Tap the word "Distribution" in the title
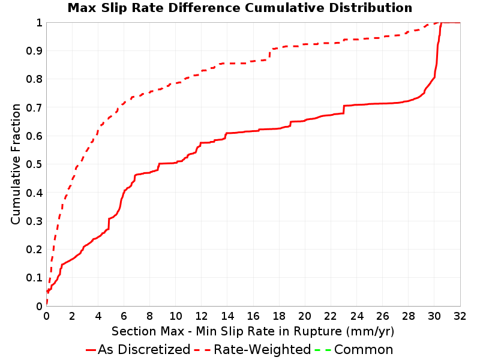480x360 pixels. coord(371,8)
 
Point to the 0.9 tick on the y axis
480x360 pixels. coord(34,51)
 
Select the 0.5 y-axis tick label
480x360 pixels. coord(34,164)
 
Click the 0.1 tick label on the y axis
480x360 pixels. coord(34,278)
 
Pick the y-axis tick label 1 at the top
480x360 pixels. coord(39,23)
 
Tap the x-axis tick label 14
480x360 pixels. coord(227,316)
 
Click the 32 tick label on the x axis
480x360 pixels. coord(460,316)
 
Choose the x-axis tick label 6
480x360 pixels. coord(124,316)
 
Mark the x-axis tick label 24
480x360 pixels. coord(356,316)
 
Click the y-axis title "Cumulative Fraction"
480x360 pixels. coord(16,164)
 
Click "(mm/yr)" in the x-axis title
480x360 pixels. coord(370,332)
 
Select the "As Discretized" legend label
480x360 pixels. coord(144,350)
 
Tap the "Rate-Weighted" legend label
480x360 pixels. coord(262,350)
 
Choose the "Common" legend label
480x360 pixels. coord(364,350)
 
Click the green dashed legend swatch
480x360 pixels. coord(323,350)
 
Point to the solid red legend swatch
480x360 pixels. coord(91,350)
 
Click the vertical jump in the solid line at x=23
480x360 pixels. coord(344,110)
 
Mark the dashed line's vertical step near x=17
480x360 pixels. coord(269,54)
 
